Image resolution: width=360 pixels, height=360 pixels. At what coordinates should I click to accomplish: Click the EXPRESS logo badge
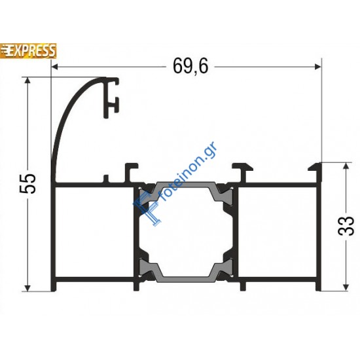click(x=28, y=50)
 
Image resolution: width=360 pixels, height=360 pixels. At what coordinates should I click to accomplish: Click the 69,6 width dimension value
click(x=190, y=66)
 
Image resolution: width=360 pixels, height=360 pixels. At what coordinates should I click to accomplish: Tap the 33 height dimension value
click(x=346, y=226)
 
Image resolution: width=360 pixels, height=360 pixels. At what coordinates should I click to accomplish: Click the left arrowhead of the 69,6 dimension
click(x=54, y=67)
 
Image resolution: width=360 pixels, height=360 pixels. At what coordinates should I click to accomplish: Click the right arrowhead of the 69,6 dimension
click(x=317, y=67)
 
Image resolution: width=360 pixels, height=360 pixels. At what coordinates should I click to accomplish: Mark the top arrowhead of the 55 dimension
click(x=27, y=81)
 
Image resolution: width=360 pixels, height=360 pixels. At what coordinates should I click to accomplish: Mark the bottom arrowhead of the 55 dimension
click(x=27, y=288)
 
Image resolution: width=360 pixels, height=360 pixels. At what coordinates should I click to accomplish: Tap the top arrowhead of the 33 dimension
click(x=346, y=166)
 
